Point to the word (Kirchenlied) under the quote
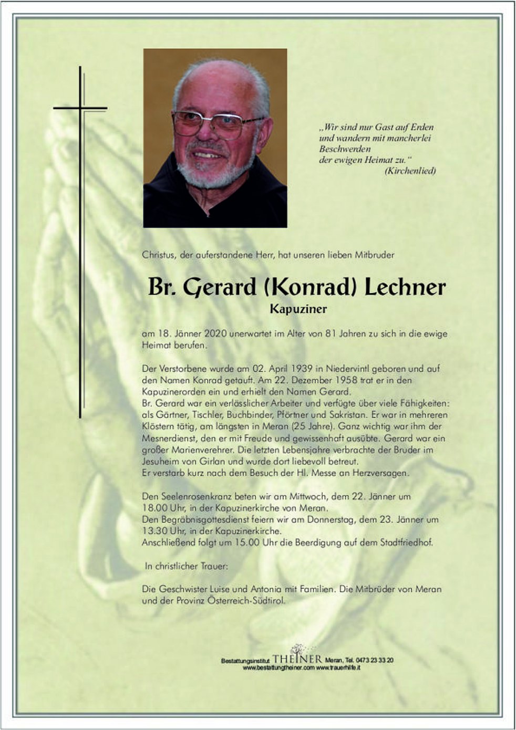point(410,171)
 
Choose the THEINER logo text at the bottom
point(297,659)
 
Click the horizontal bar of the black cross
point(80,109)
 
